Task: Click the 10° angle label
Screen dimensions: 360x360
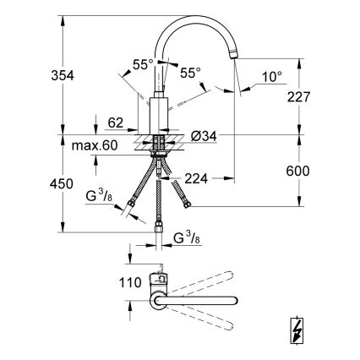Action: (272, 76)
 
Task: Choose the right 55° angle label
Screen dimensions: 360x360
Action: (190, 73)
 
